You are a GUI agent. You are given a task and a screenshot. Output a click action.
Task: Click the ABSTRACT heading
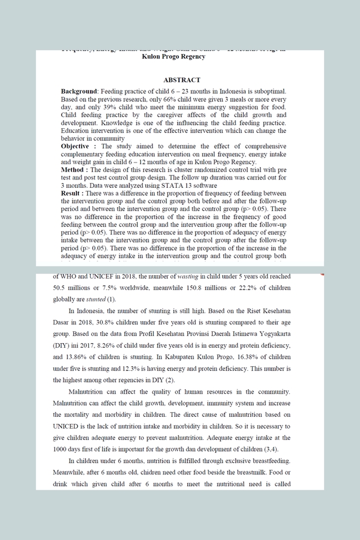point(181,80)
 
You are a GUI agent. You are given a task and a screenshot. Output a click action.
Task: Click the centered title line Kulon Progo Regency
point(173,57)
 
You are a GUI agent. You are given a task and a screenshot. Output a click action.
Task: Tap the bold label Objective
point(75,146)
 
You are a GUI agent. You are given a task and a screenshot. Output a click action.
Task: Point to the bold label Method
point(74,170)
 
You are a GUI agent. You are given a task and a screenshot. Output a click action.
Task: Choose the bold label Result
point(73,193)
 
